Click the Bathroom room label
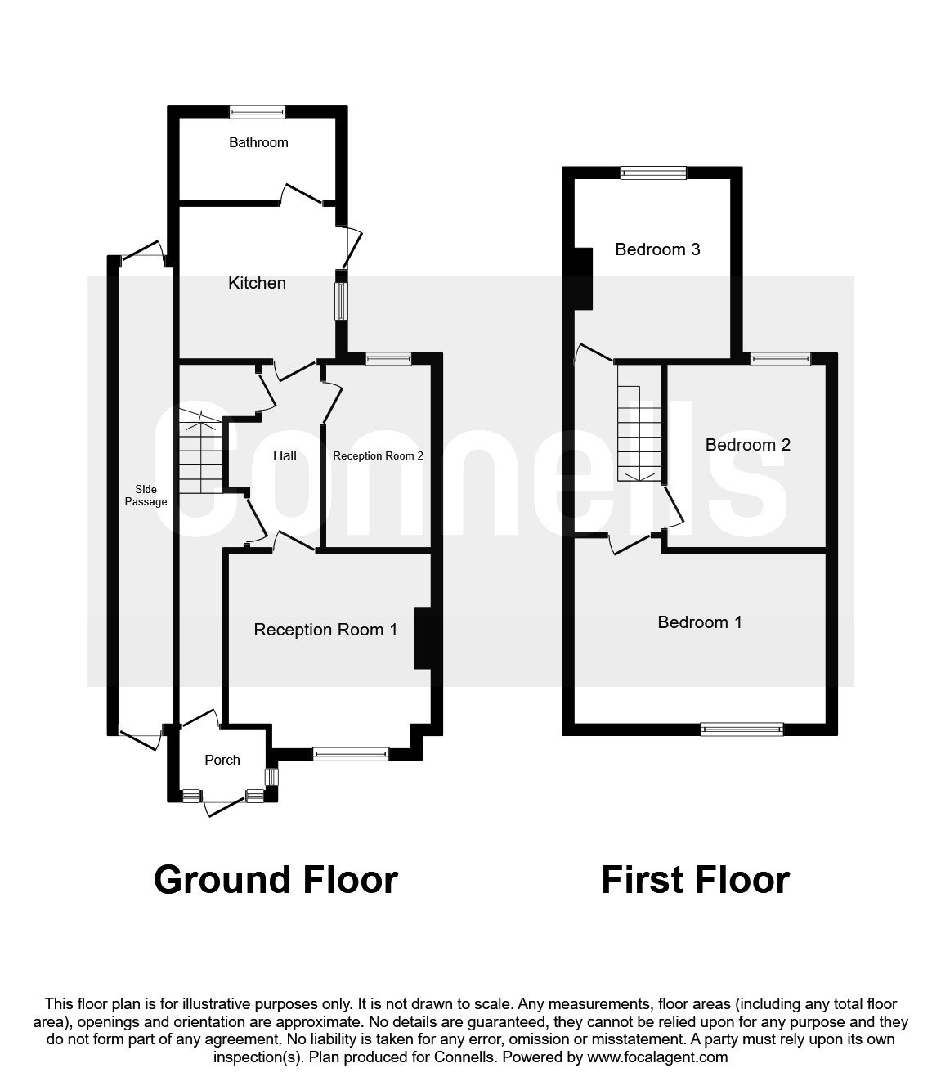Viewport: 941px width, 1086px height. pos(258,142)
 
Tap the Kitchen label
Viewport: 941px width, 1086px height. pos(257,283)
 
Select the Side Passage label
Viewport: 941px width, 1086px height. pos(146,496)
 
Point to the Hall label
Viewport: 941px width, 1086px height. pos(285,455)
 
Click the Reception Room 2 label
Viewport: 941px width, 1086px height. pos(378,455)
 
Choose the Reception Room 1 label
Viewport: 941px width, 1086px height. pos(325,630)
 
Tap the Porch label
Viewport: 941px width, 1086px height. pos(222,760)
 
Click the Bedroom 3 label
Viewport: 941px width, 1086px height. pos(657,249)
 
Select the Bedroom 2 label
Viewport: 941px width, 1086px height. pos(747,445)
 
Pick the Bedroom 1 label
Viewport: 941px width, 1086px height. pos(700,622)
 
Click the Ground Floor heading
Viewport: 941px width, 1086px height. pos(276,880)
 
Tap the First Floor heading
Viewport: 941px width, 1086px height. pos(695,880)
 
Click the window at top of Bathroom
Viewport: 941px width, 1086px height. pos(257,112)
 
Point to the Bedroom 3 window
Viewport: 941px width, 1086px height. pos(653,173)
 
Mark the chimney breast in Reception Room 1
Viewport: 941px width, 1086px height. pos(423,638)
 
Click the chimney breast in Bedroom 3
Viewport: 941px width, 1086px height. pos(583,278)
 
